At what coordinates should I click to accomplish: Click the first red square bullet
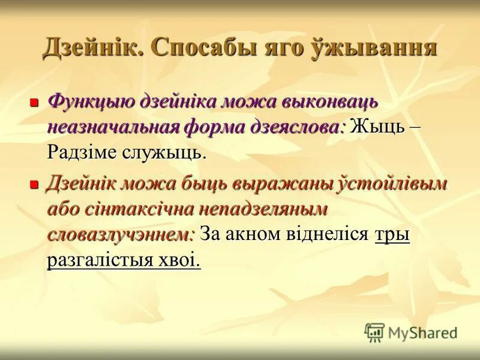pos(35,103)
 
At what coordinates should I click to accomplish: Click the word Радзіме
pos(82,153)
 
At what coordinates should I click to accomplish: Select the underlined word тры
pos(392,235)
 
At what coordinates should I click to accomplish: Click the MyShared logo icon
pos(374,332)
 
